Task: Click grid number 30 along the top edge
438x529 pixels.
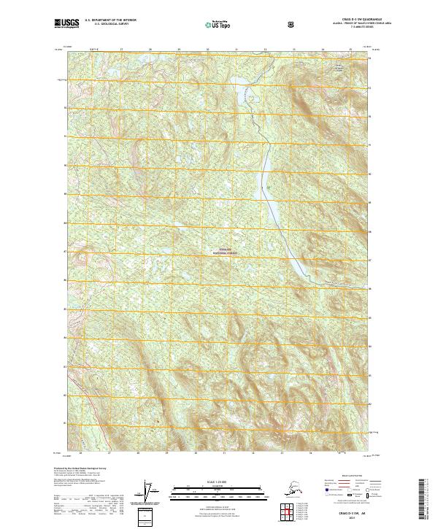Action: coord(207,50)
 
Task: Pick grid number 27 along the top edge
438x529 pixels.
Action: coord(121,50)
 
